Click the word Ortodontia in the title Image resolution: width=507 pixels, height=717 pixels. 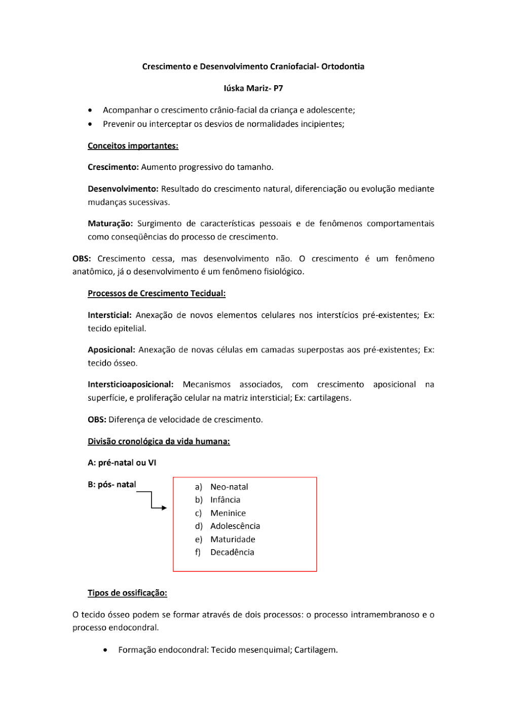343,66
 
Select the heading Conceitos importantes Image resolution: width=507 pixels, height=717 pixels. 133,146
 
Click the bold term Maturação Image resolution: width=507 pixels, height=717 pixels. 110,224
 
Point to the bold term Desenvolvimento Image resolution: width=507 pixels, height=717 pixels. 123,189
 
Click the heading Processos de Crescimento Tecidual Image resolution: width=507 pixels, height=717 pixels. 157,294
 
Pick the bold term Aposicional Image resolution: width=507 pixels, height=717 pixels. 111,350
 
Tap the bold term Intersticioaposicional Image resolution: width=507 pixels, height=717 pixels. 130,385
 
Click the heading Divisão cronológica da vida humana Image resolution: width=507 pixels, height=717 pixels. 159,442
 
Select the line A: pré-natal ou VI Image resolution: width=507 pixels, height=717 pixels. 122,463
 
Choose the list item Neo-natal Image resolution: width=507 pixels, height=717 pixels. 229,487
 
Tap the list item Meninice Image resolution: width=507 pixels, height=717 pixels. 228,513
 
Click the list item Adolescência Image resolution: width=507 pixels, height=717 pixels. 235,526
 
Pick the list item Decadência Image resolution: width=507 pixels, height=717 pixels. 232,553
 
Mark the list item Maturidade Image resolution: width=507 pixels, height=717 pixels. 233,540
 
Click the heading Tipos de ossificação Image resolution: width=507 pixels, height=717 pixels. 127,593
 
